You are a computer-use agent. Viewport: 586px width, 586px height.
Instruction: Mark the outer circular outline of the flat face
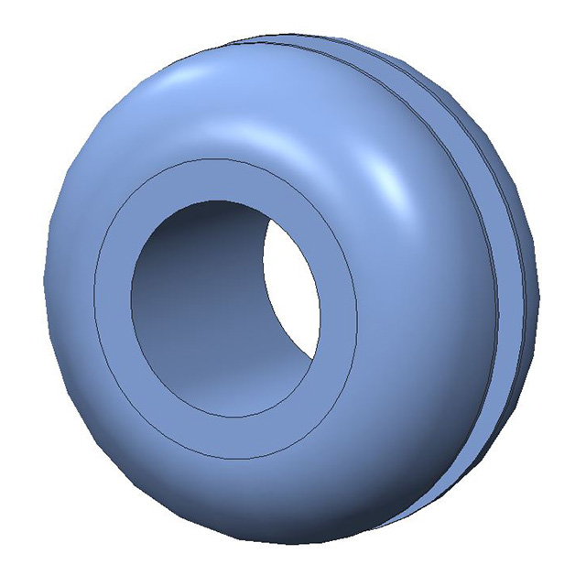pyautogui.click(x=94, y=302)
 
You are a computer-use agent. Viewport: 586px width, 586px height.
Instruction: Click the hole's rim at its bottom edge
pyautogui.click(x=224, y=418)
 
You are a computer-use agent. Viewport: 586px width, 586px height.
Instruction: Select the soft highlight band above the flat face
pyautogui.click(x=238, y=119)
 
